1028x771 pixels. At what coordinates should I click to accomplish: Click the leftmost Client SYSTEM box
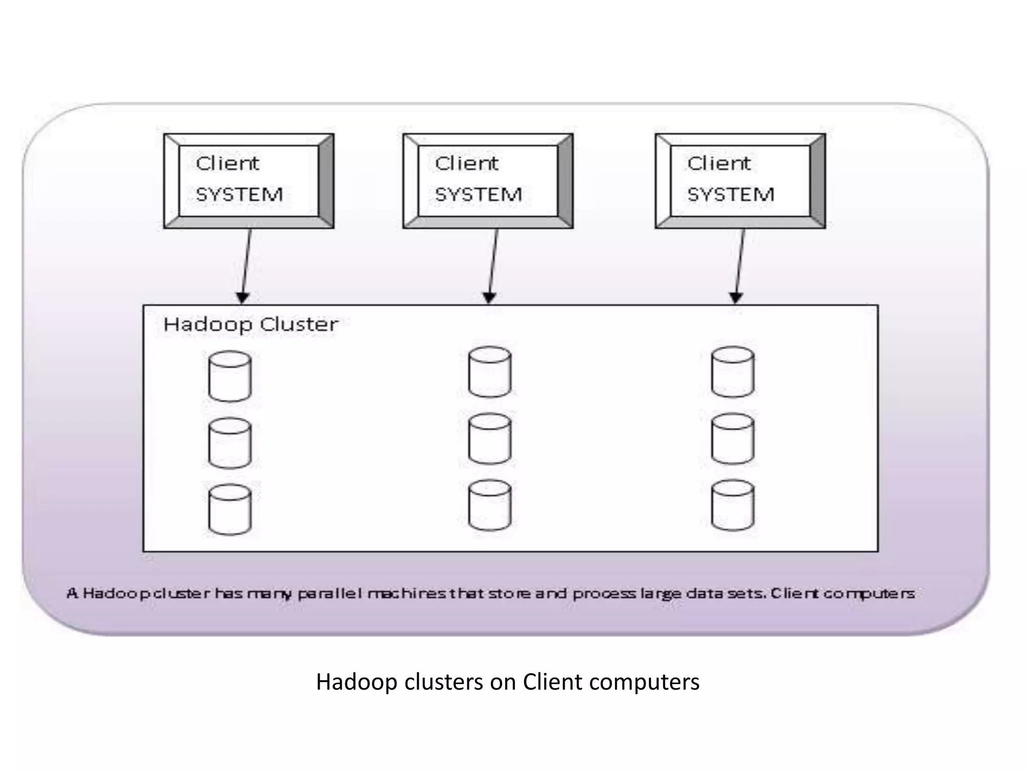point(248,181)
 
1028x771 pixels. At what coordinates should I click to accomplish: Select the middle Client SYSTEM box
point(487,181)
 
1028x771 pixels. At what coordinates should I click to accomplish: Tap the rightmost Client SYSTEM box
point(740,181)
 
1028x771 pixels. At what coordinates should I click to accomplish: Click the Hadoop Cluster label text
point(250,325)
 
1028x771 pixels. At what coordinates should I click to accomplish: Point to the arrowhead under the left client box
point(242,298)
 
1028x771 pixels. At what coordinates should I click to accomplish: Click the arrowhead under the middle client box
point(489,298)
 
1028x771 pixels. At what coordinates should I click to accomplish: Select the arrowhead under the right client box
point(736,298)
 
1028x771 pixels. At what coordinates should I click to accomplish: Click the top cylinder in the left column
point(230,376)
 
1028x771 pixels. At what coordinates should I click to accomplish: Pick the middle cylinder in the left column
point(230,443)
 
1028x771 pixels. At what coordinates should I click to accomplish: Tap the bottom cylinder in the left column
point(230,509)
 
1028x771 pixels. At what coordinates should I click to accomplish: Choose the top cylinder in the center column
point(489,372)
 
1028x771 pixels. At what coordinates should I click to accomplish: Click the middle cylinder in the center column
point(489,439)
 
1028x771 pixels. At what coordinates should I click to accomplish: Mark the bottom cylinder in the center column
point(489,505)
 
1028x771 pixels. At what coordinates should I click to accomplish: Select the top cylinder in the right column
point(733,372)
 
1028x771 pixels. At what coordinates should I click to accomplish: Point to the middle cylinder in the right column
point(733,439)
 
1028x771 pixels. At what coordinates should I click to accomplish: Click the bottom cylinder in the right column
point(733,505)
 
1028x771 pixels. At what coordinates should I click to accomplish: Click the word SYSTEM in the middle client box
point(478,195)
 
